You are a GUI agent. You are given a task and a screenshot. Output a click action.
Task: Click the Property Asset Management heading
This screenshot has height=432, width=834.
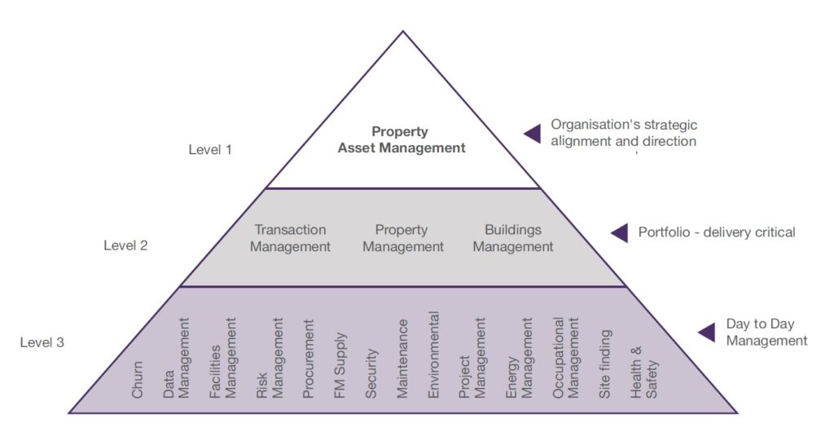[402, 140]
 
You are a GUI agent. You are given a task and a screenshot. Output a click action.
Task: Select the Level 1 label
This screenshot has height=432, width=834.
[210, 149]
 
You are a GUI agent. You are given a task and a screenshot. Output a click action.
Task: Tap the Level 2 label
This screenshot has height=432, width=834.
[125, 245]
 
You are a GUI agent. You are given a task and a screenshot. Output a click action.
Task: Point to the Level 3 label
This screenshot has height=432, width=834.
[42, 342]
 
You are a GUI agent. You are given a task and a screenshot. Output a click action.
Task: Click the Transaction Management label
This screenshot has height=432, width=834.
[290, 238]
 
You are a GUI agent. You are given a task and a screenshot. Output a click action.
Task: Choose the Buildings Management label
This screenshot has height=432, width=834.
[513, 238]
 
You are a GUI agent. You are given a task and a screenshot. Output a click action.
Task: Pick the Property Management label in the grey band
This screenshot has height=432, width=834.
[403, 238]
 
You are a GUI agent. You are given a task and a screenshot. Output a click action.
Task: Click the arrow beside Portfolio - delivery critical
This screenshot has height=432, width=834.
[620, 233]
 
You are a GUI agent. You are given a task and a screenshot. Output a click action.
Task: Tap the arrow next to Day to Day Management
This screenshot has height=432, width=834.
[707, 332]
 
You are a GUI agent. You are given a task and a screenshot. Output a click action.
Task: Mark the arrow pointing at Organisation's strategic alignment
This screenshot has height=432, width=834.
[533, 134]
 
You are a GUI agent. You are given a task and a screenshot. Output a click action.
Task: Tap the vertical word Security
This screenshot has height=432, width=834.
[371, 373]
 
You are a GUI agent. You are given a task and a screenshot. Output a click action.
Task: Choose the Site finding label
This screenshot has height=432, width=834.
[605, 364]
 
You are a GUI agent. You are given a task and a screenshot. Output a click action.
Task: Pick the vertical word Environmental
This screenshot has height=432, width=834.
[434, 355]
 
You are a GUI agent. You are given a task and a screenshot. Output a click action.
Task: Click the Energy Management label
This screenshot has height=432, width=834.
[520, 359]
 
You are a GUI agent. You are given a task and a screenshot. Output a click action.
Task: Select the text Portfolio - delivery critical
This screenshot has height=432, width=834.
[717, 232]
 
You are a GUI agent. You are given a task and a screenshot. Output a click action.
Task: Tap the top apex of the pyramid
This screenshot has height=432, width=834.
[402, 33]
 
